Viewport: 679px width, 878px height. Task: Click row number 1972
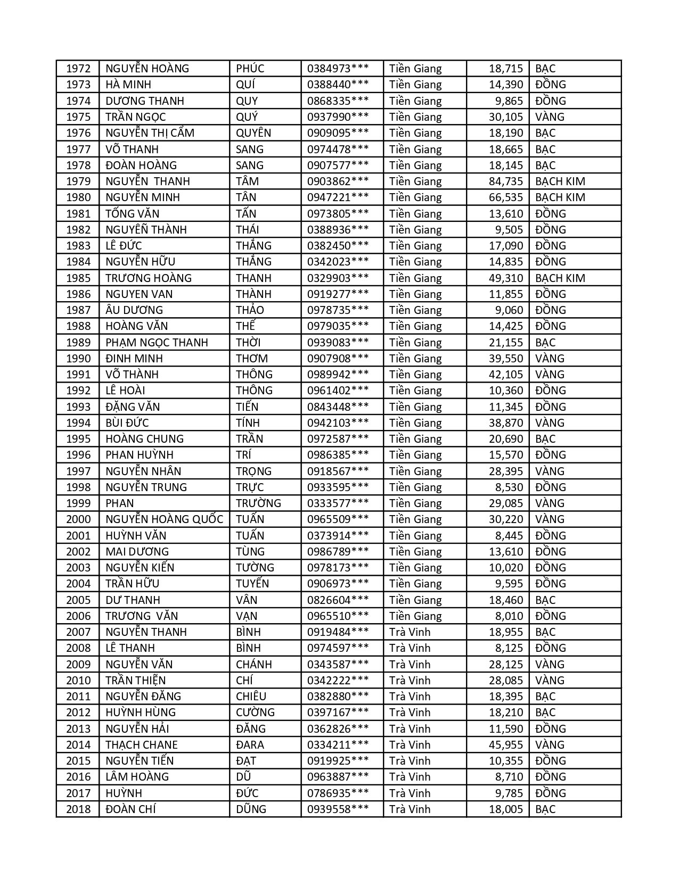(78, 69)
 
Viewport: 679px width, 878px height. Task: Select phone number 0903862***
(338, 181)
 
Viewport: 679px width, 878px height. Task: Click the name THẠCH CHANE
(142, 744)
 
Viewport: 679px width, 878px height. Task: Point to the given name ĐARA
(250, 744)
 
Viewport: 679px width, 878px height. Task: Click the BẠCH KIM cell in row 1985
(560, 278)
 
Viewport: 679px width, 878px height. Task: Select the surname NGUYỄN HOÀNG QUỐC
(164, 519)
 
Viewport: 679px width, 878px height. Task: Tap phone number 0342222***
(338, 680)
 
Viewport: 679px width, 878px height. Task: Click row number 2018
(78, 809)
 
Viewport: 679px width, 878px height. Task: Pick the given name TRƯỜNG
(258, 503)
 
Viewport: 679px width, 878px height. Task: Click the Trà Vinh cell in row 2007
(410, 632)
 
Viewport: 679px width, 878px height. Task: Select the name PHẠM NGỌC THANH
(157, 342)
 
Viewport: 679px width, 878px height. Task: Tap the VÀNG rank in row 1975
(550, 117)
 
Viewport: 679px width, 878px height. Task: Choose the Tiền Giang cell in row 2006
(415, 616)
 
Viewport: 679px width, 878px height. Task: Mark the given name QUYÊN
(253, 133)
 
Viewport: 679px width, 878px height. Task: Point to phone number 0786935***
(338, 793)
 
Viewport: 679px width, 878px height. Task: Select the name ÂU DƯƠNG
(134, 310)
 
